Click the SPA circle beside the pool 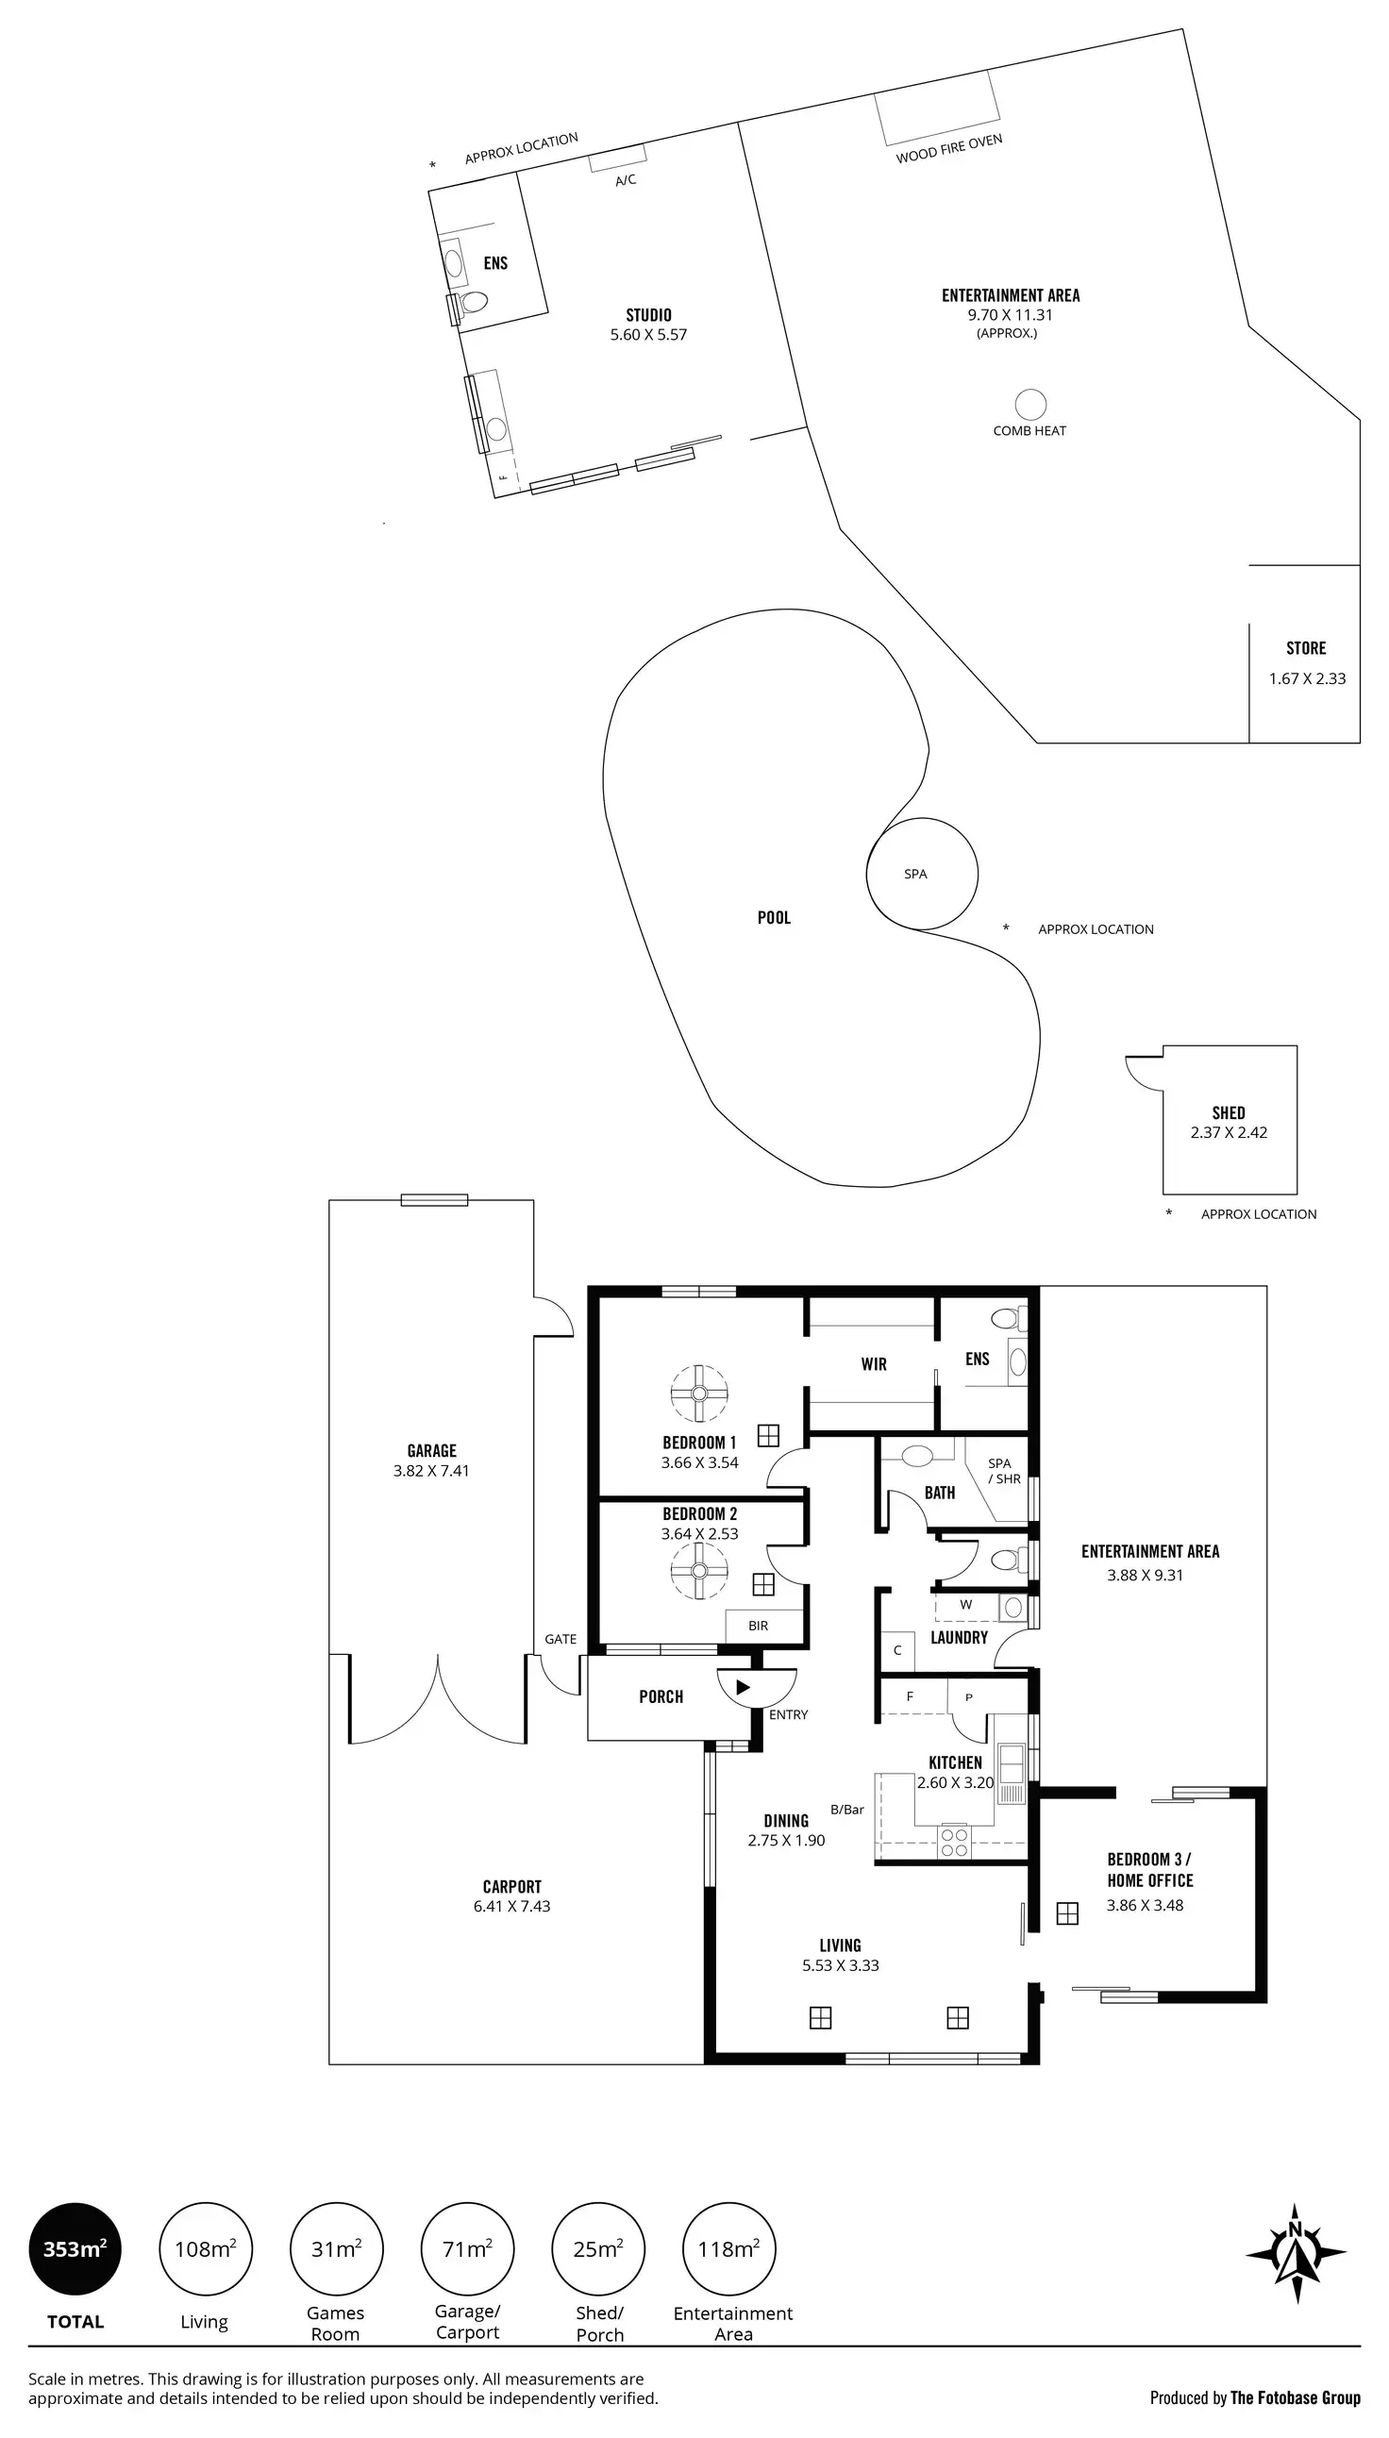click(x=922, y=873)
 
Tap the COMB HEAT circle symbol click(x=1030, y=405)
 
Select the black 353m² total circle click(x=75, y=2248)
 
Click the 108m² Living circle click(x=205, y=2248)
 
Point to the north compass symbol click(x=1296, y=2254)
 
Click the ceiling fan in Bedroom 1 click(x=699, y=1394)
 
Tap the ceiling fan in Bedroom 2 click(x=699, y=1572)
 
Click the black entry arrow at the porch click(x=744, y=1687)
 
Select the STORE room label click(x=1306, y=648)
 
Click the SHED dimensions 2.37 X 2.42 click(x=1229, y=1133)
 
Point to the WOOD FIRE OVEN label click(x=949, y=149)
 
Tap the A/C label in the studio click(x=626, y=180)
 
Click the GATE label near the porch click(x=561, y=1639)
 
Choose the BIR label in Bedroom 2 click(x=759, y=1626)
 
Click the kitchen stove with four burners click(x=954, y=1841)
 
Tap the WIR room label click(x=874, y=1364)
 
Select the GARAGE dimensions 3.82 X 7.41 click(x=431, y=1471)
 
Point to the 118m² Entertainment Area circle click(x=728, y=2248)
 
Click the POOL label click(x=774, y=918)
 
